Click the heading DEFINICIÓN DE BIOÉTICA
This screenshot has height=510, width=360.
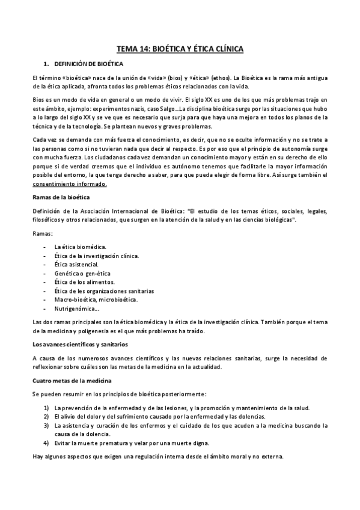coord(89,64)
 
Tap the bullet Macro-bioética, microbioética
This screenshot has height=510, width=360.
coord(96,299)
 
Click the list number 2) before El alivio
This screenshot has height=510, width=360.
coord(46,416)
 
